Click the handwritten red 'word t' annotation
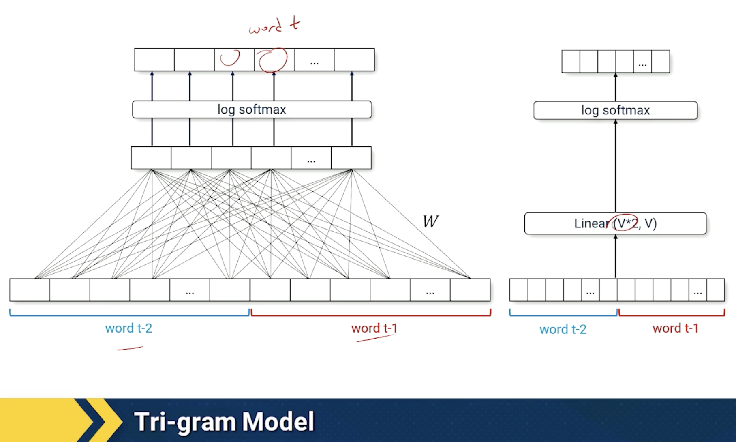pos(274,26)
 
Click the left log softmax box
pos(252,109)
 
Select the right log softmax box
pos(615,110)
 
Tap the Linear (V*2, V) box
pos(615,223)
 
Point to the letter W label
pos(430,221)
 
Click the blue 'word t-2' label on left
pos(128,328)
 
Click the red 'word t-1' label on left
pos(374,328)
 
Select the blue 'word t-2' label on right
pos(563,329)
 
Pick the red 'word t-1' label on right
pos(676,328)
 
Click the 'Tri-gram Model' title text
pos(224,422)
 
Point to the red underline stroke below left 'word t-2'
pos(130,348)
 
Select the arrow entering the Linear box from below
pos(616,256)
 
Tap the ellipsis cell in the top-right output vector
pos(642,62)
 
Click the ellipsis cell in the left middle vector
pos(311,158)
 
